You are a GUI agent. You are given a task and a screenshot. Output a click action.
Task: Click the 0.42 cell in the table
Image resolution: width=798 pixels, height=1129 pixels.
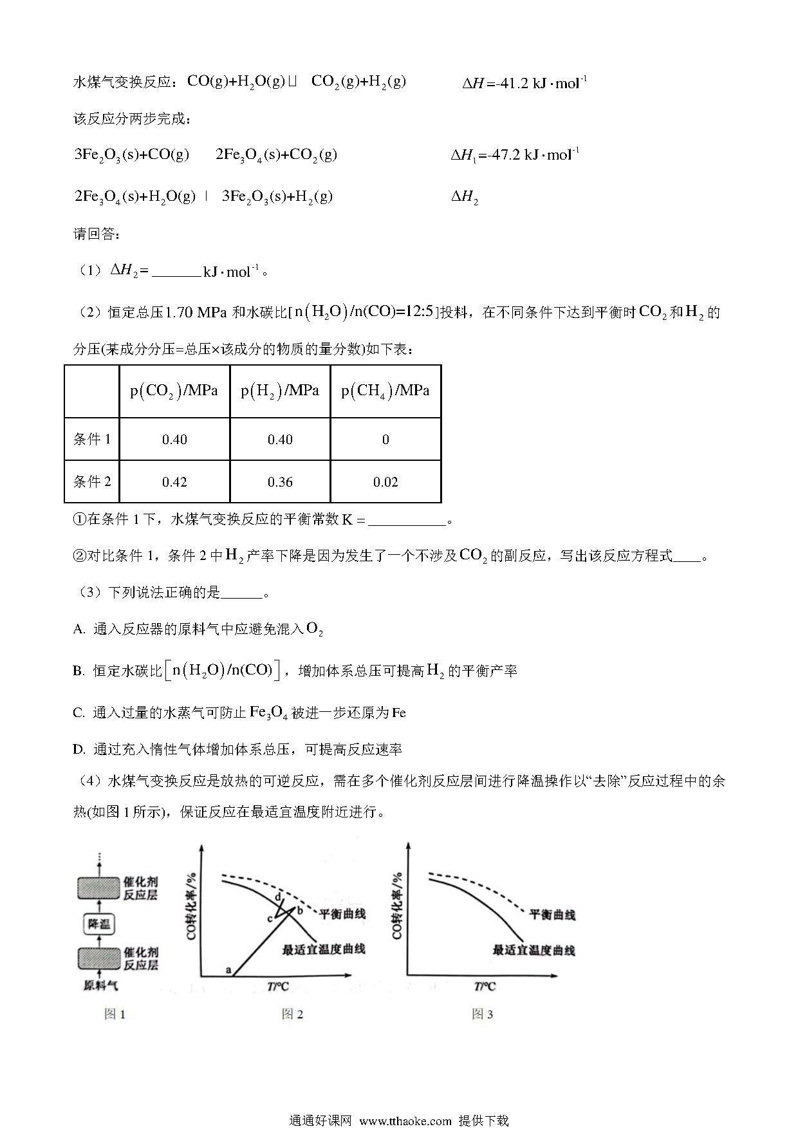[174, 481]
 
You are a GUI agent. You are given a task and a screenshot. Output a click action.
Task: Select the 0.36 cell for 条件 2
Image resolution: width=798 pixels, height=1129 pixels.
[280, 481]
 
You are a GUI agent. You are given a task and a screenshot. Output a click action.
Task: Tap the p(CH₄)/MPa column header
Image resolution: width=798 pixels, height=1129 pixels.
[385, 391]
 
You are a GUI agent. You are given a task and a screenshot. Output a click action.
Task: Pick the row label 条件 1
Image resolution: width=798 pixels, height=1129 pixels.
[92, 439]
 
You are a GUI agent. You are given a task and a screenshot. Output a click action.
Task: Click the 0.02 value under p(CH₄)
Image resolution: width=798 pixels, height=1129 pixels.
[385, 481]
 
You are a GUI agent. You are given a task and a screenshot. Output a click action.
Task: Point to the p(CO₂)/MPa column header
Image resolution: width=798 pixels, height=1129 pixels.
[174, 391]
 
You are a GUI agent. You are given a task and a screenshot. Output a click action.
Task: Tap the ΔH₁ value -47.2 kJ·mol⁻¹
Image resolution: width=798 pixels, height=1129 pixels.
[515, 155]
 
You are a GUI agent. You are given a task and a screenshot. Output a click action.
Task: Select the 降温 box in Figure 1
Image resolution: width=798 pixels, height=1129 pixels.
[100, 924]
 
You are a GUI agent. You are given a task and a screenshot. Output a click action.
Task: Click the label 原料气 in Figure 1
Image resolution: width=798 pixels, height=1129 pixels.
[101, 985]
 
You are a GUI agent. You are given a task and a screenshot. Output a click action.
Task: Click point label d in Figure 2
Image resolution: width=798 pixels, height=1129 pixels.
[278, 898]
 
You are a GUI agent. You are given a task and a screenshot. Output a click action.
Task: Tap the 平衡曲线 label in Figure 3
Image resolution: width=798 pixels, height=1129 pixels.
[552, 914]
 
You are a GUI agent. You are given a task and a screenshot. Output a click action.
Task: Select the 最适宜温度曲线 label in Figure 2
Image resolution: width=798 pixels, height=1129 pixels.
[324, 949]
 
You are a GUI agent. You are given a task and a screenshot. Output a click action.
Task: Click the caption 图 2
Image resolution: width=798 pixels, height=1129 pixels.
[292, 1014]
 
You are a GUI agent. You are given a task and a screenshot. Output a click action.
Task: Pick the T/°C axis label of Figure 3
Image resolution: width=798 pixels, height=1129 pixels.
[485, 986]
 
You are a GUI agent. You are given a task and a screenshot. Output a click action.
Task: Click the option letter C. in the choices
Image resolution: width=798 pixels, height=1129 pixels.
[79, 713]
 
